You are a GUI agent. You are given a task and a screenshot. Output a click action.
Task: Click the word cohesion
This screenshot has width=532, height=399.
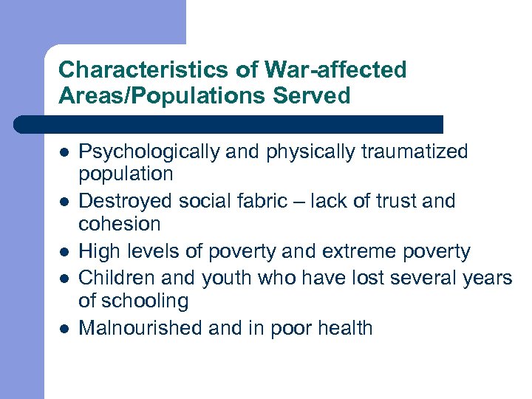pos(120,224)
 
